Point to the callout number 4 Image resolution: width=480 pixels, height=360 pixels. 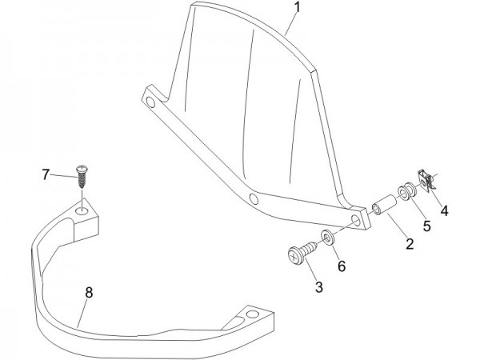coord(444,212)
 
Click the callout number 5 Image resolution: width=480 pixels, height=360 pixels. coord(426,226)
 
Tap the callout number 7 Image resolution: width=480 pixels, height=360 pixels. coord(46,174)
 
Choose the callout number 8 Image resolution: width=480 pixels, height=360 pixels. coord(89,293)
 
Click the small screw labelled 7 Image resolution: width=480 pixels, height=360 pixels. coord(81,176)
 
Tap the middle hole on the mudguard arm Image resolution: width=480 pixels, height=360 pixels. coord(253,198)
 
